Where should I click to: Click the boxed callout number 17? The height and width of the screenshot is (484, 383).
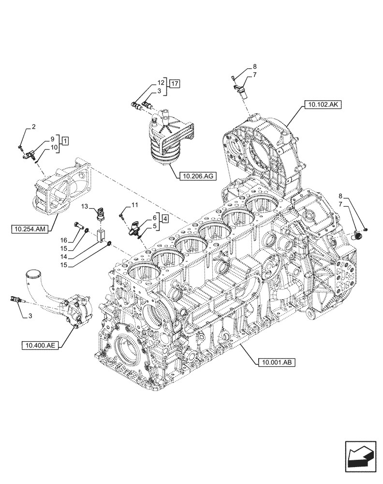[175, 84]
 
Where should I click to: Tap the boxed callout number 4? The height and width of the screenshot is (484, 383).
[165, 218]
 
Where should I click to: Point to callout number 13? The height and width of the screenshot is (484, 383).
[84, 207]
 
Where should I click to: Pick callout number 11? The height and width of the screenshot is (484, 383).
[134, 205]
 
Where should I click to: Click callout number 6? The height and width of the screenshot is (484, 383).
[154, 217]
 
